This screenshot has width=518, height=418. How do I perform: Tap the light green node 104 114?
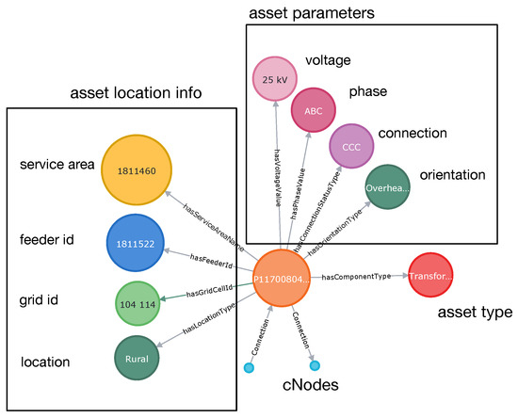coord(139,306)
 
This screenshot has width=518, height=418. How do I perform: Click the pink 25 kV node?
coord(274,77)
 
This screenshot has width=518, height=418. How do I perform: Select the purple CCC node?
coord(351,147)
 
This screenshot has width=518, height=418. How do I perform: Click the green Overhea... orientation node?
coord(387,186)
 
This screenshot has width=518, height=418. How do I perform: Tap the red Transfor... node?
coord(433,277)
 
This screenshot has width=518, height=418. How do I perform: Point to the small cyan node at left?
coord(249,367)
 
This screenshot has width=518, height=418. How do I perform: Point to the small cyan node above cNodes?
coord(316,365)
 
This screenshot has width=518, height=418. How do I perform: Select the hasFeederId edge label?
coord(212,257)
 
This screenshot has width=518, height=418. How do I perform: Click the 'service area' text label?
coord(56,165)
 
